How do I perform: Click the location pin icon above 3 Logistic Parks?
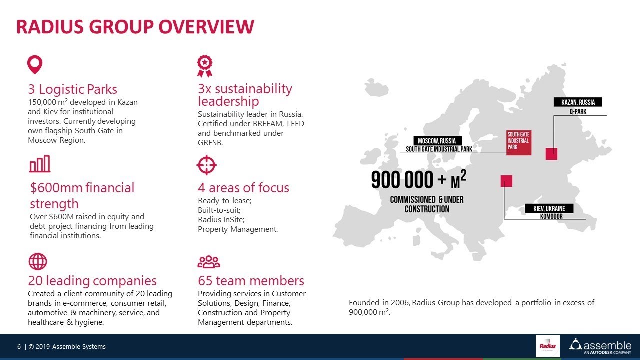pyautogui.click(x=35, y=65)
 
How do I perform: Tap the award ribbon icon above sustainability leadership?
pyautogui.click(x=204, y=66)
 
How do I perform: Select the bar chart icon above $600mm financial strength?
pyautogui.click(x=40, y=164)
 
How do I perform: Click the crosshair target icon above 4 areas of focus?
pyautogui.click(x=206, y=165)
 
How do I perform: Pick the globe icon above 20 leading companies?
pyautogui.click(x=38, y=261)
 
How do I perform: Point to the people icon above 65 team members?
pyautogui.click(x=208, y=262)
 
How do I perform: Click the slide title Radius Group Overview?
pyautogui.click(x=135, y=27)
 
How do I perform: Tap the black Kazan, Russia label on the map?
pyautogui.click(x=578, y=102)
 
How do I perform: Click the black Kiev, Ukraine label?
pyautogui.click(x=549, y=208)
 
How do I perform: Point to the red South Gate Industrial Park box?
pyautogui.click(x=518, y=143)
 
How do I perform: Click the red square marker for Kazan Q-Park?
pyautogui.click(x=551, y=154)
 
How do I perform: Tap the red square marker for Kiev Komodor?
pyautogui.click(x=506, y=181)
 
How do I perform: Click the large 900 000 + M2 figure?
pyautogui.click(x=419, y=180)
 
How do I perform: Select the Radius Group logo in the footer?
pyautogui.click(x=548, y=346)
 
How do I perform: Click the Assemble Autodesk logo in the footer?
pyautogui.click(x=600, y=346)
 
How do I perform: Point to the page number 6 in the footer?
pyautogui.click(x=19, y=347)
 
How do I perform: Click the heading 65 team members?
pyautogui.click(x=251, y=281)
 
